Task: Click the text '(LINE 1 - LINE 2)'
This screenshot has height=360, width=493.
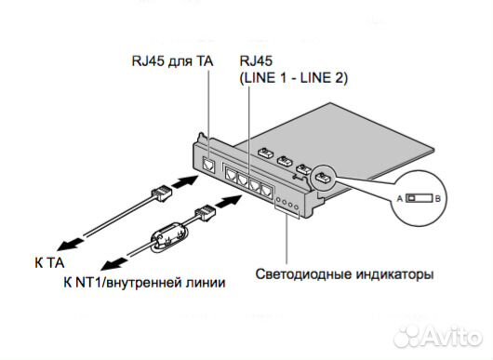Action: (292, 78)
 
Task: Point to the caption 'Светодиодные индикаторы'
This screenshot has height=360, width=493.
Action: (344, 274)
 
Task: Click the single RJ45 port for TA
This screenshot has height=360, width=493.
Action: (210, 167)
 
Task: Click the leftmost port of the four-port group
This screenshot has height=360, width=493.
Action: (229, 174)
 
